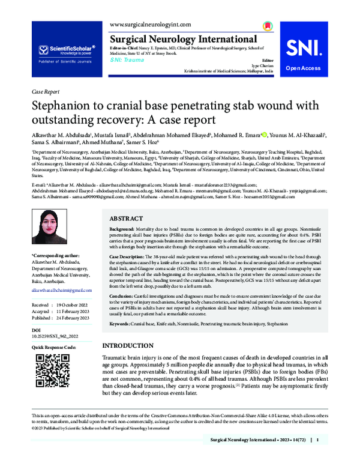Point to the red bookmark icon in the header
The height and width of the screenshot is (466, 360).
click(x=266, y=28)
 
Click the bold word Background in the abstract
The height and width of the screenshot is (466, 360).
click(x=122, y=231)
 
